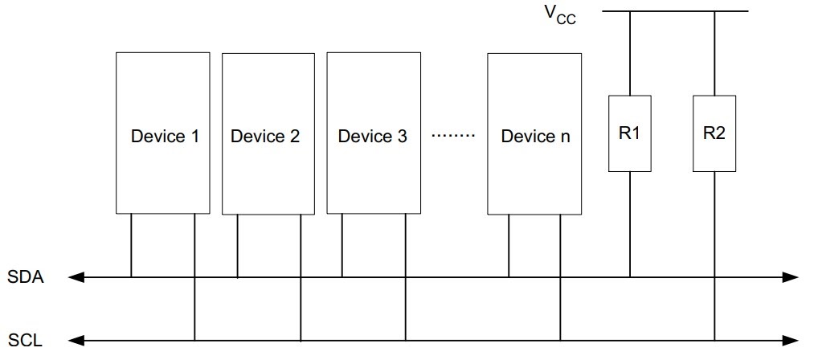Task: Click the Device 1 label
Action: pyautogui.click(x=165, y=136)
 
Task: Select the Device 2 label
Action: pyautogui.click(x=265, y=136)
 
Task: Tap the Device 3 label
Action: pyautogui.click(x=372, y=136)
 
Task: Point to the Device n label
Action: pyautogui.click(x=535, y=136)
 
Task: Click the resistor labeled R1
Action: pyautogui.click(x=629, y=133)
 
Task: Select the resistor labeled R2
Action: pyautogui.click(x=714, y=133)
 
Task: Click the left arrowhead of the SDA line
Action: pyautogui.click(x=76, y=277)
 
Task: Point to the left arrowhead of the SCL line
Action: pyautogui.click(x=76, y=341)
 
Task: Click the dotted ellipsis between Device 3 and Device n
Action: pyautogui.click(x=454, y=136)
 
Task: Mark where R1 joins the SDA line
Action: pyautogui.click(x=629, y=277)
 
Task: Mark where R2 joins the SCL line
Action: pyautogui.click(x=714, y=341)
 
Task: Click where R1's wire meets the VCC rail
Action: pyautogui.click(x=629, y=11)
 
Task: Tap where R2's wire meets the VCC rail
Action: pyautogui.click(x=714, y=11)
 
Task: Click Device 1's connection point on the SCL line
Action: pyautogui.click(x=194, y=341)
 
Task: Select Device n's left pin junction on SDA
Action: pyautogui.click(x=508, y=277)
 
